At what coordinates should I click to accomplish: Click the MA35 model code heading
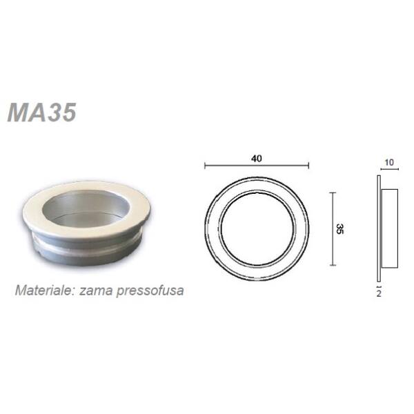point(42,112)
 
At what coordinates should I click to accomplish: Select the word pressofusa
point(150,291)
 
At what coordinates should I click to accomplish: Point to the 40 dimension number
point(257,159)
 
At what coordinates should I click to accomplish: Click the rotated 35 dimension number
point(339,228)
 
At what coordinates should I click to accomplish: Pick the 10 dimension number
point(389,162)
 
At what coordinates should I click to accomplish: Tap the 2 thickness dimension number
point(379,293)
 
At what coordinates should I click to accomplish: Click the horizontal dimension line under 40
point(257,166)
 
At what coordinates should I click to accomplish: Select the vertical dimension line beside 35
point(333,228)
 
